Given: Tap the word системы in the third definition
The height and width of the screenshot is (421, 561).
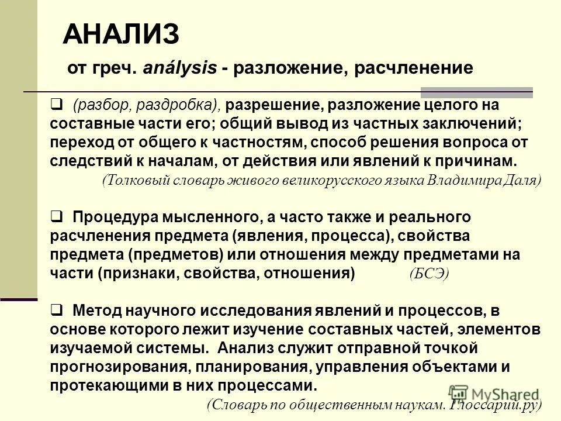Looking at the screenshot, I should click(x=177, y=348).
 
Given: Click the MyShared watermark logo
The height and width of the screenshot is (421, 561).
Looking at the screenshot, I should click(x=494, y=394).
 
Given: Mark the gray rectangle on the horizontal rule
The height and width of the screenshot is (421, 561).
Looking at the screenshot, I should click(x=477, y=92).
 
